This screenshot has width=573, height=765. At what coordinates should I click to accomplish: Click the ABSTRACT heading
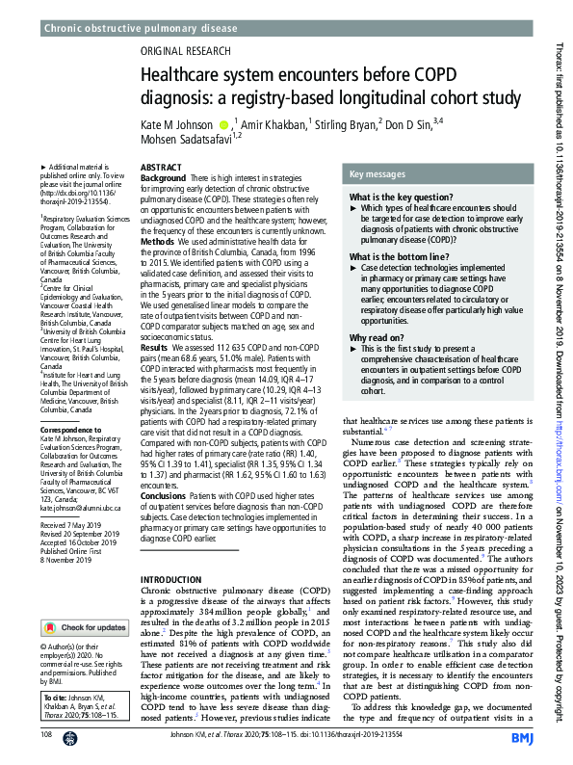pos(161,168)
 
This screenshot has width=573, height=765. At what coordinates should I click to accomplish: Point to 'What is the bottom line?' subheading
pos(399,257)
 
